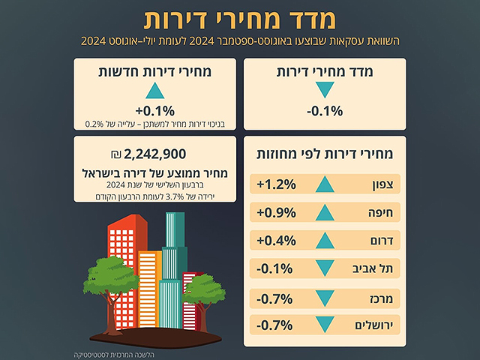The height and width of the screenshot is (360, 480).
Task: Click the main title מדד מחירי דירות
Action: (x=239, y=18)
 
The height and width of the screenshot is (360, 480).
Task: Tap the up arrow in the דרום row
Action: (x=324, y=241)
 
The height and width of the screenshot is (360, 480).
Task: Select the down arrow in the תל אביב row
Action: (x=324, y=269)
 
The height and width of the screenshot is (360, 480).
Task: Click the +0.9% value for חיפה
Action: (x=275, y=213)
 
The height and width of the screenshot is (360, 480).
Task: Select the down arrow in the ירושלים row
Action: (x=324, y=325)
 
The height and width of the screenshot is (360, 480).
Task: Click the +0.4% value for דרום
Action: (x=275, y=241)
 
